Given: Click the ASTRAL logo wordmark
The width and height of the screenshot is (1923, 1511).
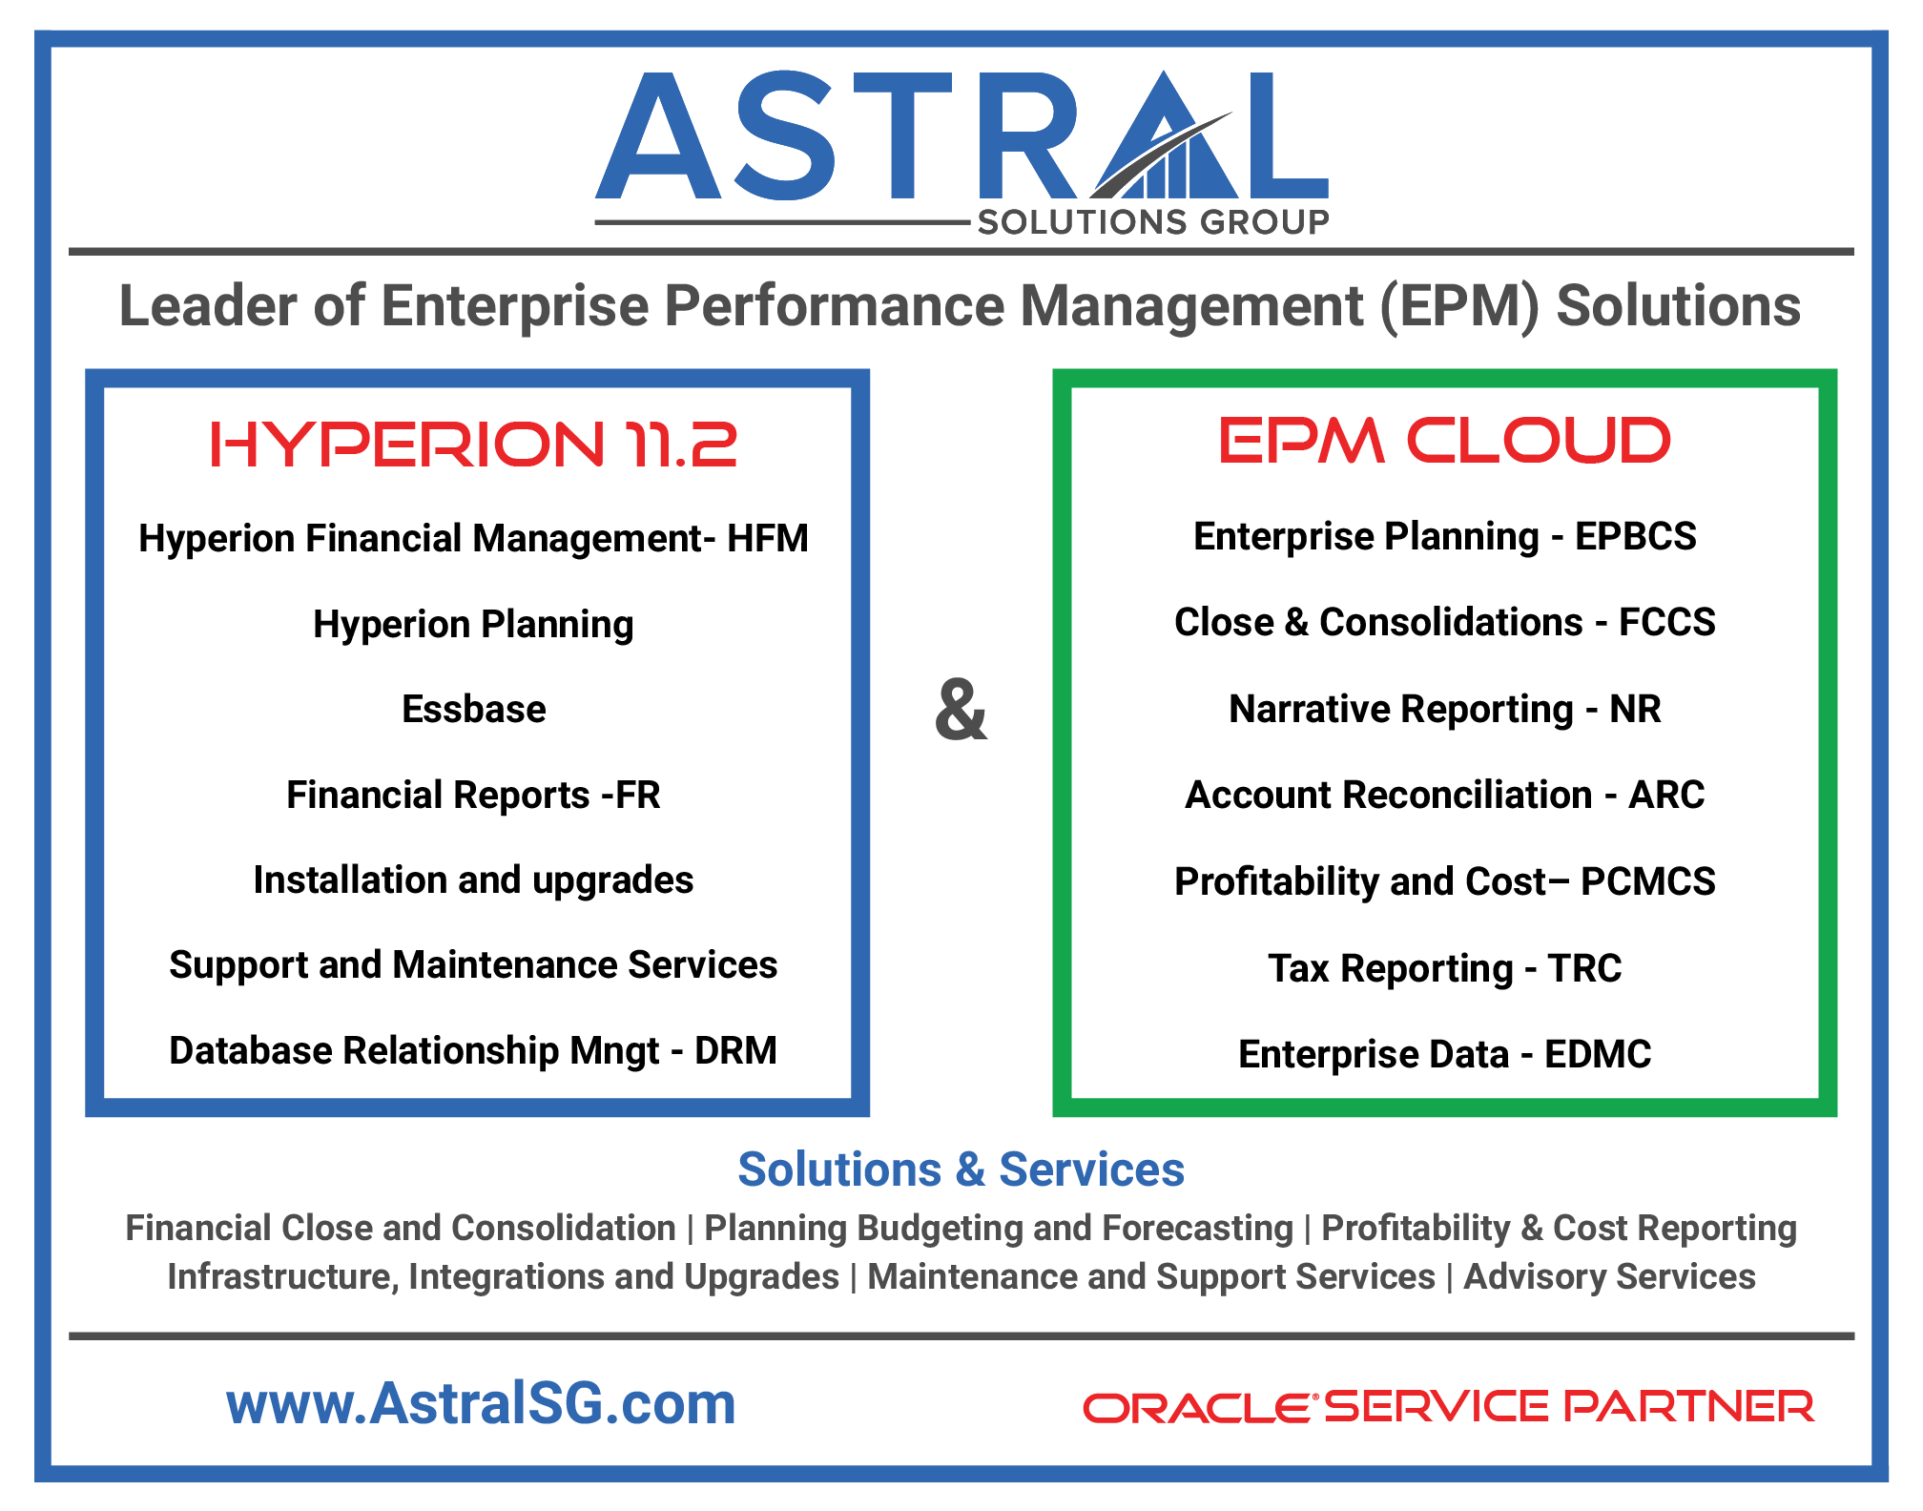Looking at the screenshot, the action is click(961, 135).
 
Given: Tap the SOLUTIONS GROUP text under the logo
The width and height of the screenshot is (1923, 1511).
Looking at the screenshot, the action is click(1153, 222).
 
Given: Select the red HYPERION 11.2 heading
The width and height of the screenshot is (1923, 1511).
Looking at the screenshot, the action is click(473, 445).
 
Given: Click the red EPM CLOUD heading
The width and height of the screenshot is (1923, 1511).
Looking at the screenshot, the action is click(1444, 441).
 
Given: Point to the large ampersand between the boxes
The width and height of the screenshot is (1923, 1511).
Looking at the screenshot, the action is click(961, 710).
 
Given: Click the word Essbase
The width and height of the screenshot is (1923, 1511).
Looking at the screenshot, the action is click(474, 710).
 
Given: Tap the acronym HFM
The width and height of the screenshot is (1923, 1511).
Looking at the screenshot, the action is click(767, 539).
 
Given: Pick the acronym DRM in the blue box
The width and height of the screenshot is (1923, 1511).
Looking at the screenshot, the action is click(735, 1051).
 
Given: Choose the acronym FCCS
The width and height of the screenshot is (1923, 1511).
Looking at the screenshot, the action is click(1666, 622).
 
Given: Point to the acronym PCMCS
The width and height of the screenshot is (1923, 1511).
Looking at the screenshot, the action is click(1647, 881).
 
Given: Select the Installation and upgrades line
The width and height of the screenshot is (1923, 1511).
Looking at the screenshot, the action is click(473, 880).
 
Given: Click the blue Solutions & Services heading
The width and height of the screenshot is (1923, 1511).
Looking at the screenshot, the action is click(961, 1169).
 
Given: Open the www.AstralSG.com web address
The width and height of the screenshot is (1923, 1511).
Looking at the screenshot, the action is click(481, 1403).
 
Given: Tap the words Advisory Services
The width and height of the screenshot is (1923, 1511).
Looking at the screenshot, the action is click(1609, 1276).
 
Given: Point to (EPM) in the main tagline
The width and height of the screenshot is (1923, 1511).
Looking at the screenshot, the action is click(1459, 306).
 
